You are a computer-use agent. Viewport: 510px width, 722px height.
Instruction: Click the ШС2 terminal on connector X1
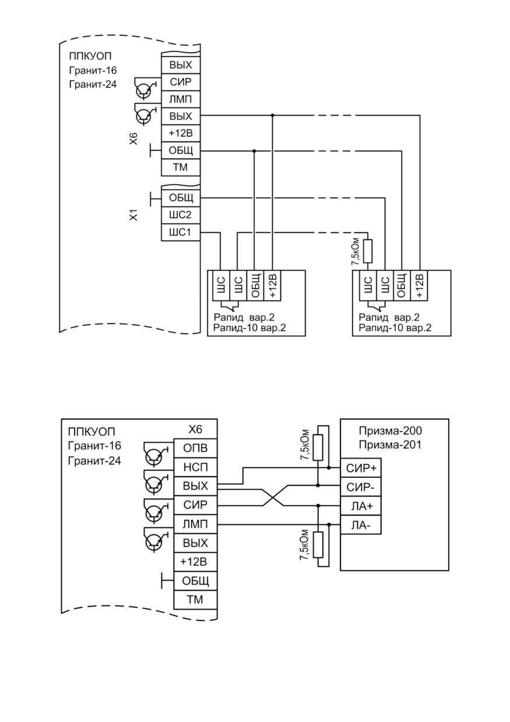tap(181, 214)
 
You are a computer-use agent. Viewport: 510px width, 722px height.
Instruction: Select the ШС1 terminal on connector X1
tap(181, 232)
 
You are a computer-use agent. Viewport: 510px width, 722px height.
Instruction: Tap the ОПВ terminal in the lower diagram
tap(195, 448)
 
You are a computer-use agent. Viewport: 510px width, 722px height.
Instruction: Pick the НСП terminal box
tap(195, 467)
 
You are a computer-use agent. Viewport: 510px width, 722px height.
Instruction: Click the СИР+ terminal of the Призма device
tap(361, 468)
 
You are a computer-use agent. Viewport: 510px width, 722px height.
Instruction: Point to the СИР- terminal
tap(361, 487)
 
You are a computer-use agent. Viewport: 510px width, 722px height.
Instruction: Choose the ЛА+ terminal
tap(361, 506)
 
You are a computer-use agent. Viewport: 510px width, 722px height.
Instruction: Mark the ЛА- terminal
tap(361, 525)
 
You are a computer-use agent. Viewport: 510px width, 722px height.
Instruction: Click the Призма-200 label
tap(390, 431)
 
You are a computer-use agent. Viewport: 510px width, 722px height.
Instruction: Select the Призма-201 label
tap(390, 445)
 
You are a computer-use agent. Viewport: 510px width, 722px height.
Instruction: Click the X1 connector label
tap(134, 214)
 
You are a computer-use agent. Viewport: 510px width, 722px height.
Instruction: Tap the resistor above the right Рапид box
tap(368, 251)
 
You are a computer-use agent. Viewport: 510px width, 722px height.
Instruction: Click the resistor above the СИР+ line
tap(318, 447)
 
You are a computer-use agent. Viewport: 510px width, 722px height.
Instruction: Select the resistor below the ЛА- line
tap(318, 545)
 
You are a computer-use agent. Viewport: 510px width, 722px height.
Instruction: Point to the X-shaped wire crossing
tap(273, 496)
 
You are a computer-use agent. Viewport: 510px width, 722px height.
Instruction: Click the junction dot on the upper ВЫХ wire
tap(272, 115)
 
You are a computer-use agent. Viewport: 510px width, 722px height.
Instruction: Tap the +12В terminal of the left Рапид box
tap(272, 286)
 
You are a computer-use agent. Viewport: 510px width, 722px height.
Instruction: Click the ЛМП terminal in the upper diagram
tap(181, 99)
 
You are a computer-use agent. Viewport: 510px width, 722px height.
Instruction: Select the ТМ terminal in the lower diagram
tap(195, 600)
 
